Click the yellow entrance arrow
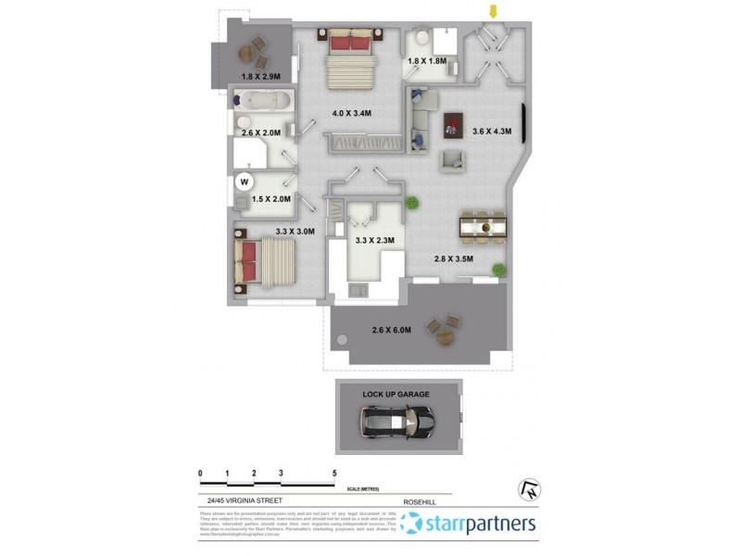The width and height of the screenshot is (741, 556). click(x=494, y=11)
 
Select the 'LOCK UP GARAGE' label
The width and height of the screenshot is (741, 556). click(x=396, y=394)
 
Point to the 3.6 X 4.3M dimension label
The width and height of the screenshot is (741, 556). click(x=491, y=132)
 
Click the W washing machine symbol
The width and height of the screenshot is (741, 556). click(x=245, y=182)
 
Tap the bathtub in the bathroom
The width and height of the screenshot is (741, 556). click(x=263, y=99)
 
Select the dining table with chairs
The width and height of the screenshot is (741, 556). click(x=484, y=226)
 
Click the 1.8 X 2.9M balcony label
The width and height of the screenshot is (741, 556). click(x=260, y=77)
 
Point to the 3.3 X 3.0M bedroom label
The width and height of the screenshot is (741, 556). click(x=295, y=233)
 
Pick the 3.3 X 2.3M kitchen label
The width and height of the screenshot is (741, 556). click(x=375, y=241)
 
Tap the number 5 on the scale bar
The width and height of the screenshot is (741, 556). click(x=334, y=474)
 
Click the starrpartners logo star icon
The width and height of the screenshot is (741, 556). click(x=412, y=524)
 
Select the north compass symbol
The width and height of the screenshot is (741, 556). click(x=531, y=490)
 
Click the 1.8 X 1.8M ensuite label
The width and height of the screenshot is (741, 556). click(x=427, y=61)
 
